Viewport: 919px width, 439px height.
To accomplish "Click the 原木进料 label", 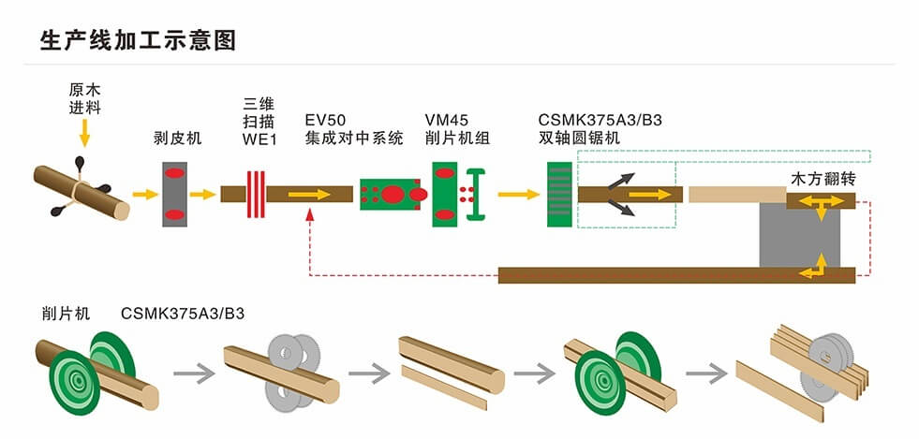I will (x=84, y=99).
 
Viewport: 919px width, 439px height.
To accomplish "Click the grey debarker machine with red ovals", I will (x=174, y=195).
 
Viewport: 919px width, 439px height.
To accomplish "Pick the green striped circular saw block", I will (x=558, y=194).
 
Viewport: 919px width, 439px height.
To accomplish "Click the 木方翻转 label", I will (x=824, y=178).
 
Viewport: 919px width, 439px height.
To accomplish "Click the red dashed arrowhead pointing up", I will (x=310, y=215).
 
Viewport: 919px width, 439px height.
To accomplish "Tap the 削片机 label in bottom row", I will (x=66, y=314).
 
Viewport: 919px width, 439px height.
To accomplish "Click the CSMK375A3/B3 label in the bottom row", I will (x=183, y=314).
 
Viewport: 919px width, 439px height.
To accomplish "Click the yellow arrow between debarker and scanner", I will (x=202, y=195).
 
